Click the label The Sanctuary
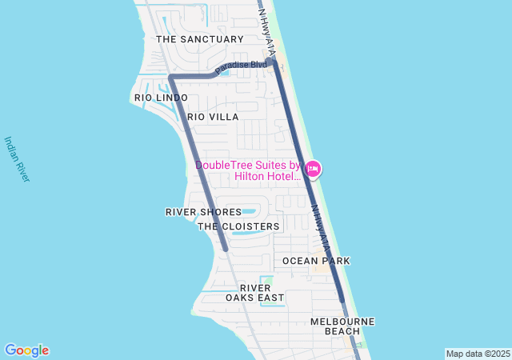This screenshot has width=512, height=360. tap(199, 39)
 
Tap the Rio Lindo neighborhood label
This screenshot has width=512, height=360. tap(161, 98)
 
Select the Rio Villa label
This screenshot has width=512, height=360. tap(213, 117)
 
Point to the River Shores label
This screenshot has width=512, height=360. tap(203, 212)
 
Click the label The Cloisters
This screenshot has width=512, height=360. tap(238, 226)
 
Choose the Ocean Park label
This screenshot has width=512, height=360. tap(316, 261)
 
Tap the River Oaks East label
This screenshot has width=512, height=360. tap(254, 293)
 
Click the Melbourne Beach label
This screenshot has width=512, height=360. tap(342, 326)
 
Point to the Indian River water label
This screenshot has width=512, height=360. tap(17, 158)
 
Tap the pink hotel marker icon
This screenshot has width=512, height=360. tap(313, 168)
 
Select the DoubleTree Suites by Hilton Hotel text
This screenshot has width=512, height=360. tap(248, 171)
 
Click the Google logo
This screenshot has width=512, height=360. tap(26, 350)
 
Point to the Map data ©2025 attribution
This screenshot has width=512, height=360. tap(477, 354)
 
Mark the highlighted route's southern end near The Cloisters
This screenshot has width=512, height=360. tap(226, 248)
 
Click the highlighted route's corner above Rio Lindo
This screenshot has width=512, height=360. tap(170, 78)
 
